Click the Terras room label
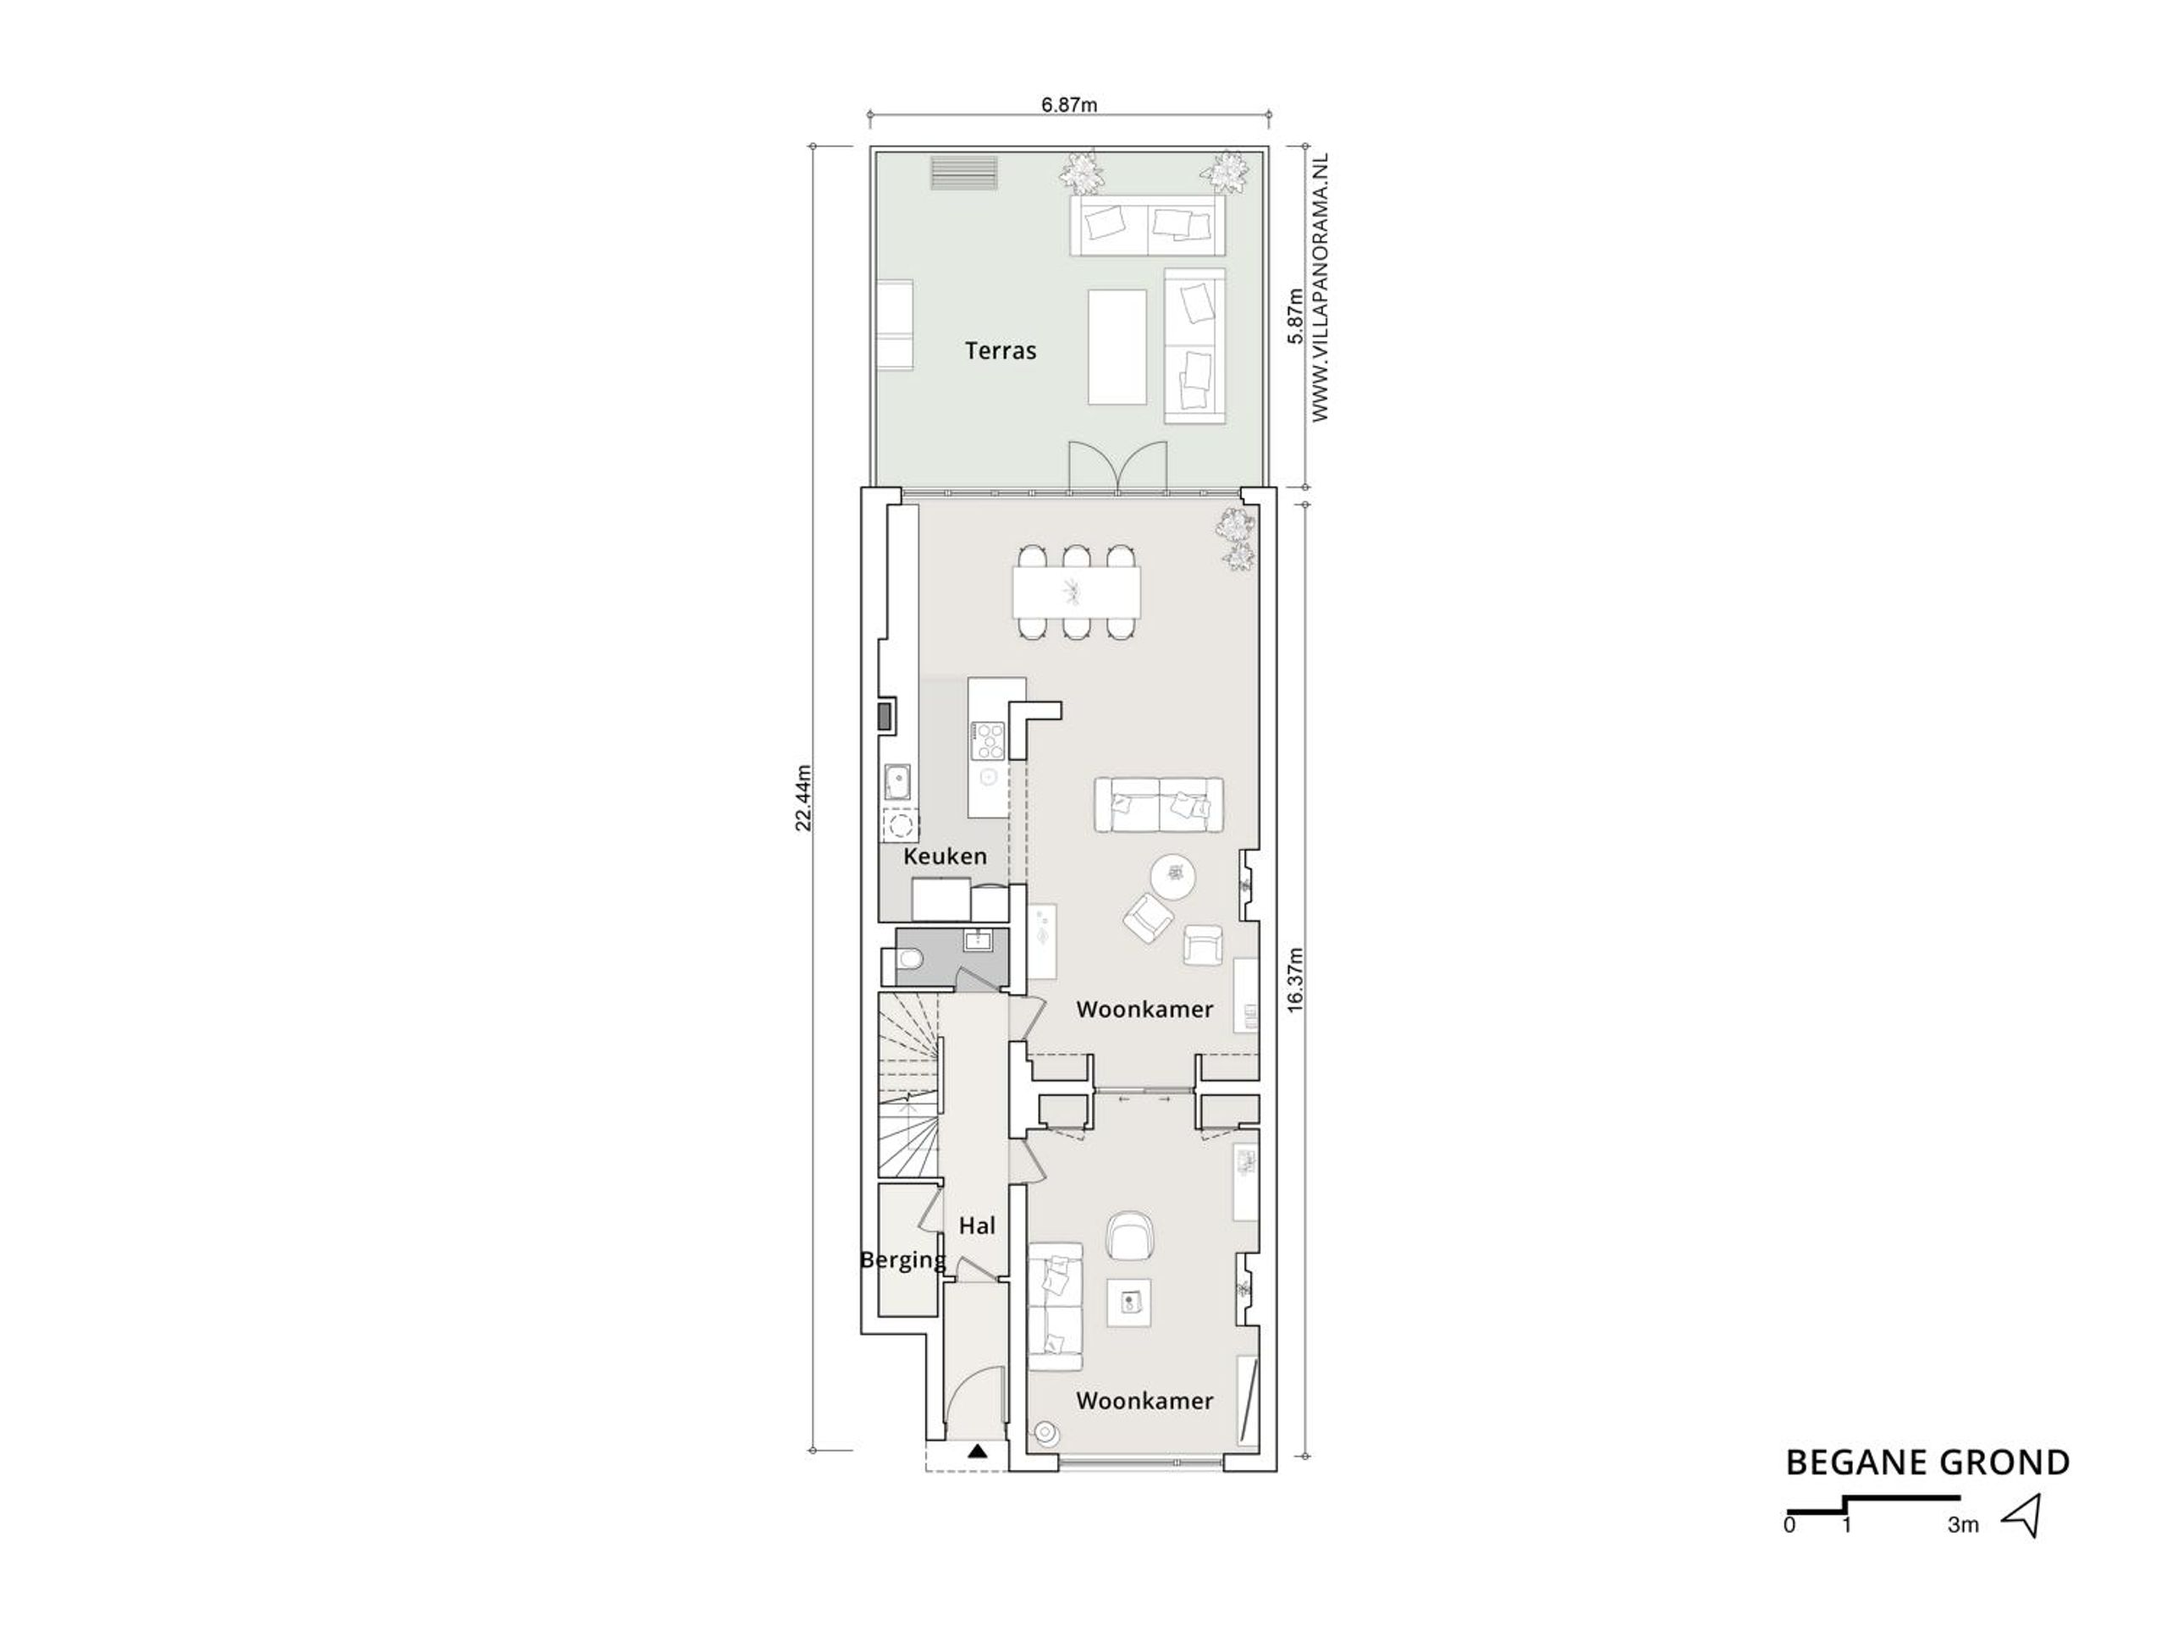pyautogui.click(x=1001, y=350)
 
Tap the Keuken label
pyautogui.click(x=945, y=857)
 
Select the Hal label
pyautogui.click(x=977, y=1226)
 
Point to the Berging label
pyautogui.click(x=902, y=1260)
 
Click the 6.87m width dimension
pyautogui.click(x=1070, y=105)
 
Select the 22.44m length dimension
pyautogui.click(x=803, y=798)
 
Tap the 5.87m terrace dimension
pyautogui.click(x=1295, y=316)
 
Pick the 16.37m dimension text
pyautogui.click(x=1295, y=979)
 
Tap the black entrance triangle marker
pyautogui.click(x=977, y=1451)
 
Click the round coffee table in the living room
pyautogui.click(x=1172, y=876)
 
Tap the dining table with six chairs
pyautogui.click(x=1077, y=592)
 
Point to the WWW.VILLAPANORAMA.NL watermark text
pyautogui.click(x=1321, y=288)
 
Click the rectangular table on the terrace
pyautogui.click(x=1117, y=347)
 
